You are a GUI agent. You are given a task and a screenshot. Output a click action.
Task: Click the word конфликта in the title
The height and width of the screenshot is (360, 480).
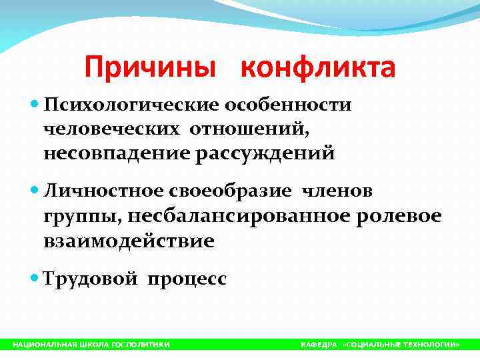(317, 68)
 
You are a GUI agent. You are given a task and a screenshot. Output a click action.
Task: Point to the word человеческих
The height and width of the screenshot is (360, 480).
(109, 130)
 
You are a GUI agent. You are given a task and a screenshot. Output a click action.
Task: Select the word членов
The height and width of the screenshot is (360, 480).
(337, 192)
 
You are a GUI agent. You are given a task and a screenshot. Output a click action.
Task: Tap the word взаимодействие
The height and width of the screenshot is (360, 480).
(129, 241)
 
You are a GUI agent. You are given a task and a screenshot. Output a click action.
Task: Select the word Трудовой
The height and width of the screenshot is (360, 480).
(90, 279)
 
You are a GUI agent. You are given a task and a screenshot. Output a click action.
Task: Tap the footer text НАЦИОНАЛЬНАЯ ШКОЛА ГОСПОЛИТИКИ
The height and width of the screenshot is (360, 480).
(91, 345)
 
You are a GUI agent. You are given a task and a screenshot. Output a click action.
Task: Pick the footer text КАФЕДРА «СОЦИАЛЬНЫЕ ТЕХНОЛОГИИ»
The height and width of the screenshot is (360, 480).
(380, 345)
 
